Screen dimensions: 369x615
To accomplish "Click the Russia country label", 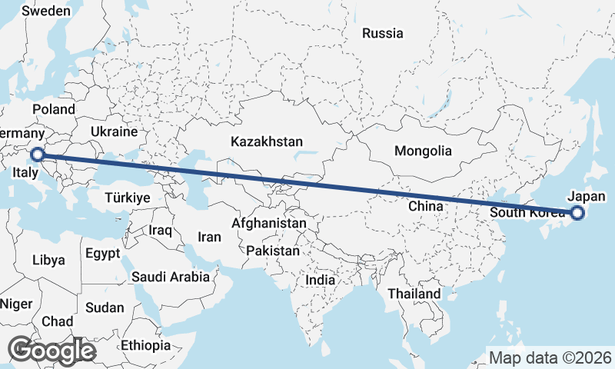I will click(382, 33).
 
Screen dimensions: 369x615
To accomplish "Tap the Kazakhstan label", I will click(267, 141).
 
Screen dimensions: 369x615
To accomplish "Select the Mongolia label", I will click(423, 151).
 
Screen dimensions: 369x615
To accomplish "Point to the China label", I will click(425, 206).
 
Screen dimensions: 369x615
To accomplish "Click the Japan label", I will click(587, 196).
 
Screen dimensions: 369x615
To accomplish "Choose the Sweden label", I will click(46, 12).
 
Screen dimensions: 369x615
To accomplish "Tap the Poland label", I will click(53, 110).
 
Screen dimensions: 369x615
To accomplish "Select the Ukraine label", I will click(114, 132).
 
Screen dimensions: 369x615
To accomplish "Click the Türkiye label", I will click(127, 198).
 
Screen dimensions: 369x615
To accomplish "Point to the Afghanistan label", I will click(269, 223).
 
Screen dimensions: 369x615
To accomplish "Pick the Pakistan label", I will click(273, 251).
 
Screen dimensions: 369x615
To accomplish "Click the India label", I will click(320, 281).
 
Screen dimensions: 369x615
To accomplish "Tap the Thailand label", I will click(414, 294).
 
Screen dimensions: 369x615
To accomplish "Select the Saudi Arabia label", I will click(171, 277).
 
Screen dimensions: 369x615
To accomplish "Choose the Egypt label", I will click(102, 253).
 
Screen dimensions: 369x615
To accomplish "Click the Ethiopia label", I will click(145, 345).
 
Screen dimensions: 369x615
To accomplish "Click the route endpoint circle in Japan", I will click(577, 214).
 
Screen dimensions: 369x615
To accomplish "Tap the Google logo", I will click(52, 350).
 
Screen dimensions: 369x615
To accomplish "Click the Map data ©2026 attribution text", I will click(550, 357).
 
